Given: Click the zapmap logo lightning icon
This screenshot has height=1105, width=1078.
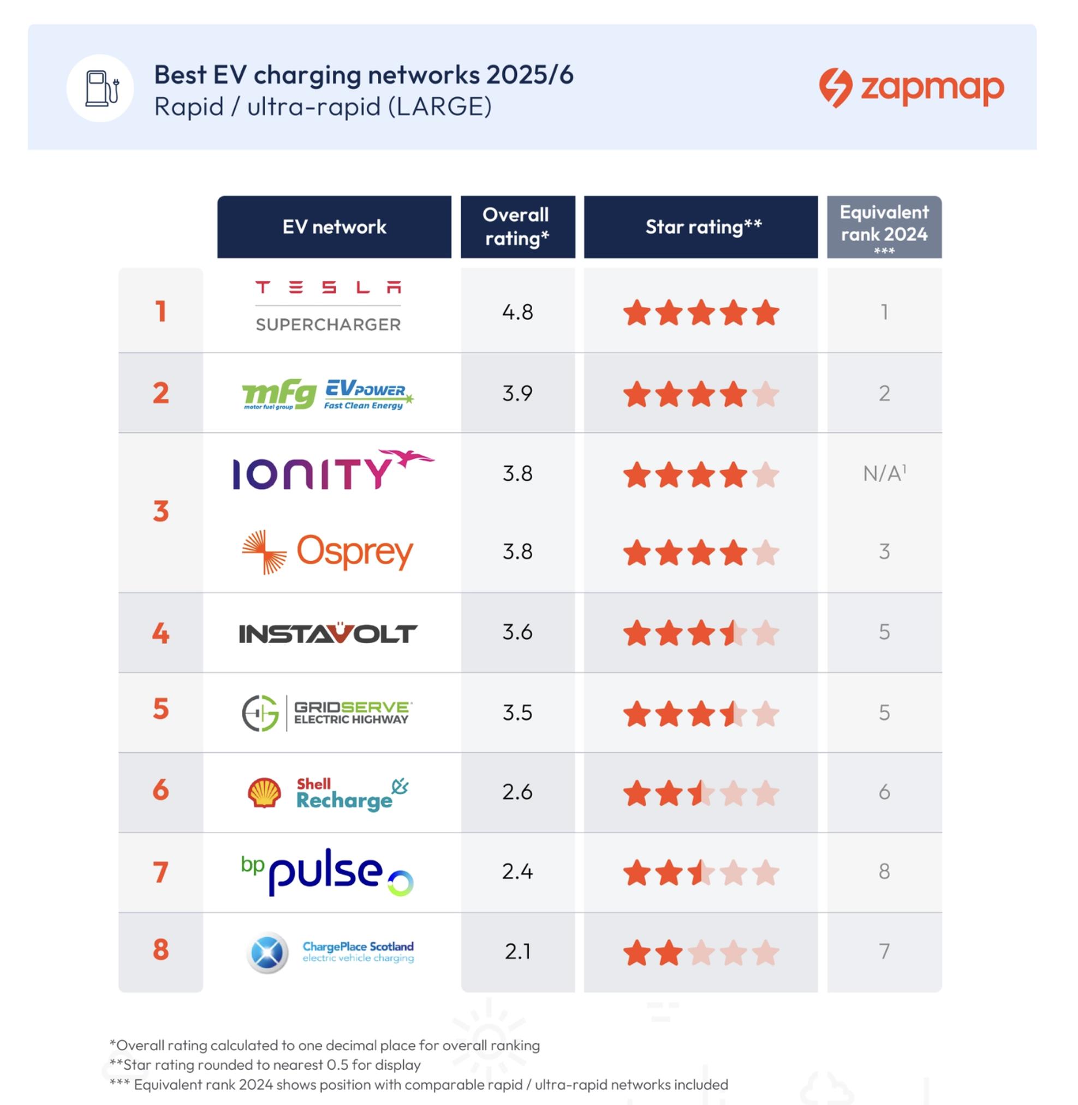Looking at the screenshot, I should [835, 88].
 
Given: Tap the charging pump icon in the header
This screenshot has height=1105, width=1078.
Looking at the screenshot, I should [101, 88].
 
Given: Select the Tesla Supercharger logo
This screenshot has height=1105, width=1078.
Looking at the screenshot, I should [328, 306].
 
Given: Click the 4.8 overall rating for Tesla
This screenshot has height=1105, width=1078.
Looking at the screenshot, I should [517, 312].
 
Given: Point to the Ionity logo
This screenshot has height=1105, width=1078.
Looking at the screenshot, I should [332, 470].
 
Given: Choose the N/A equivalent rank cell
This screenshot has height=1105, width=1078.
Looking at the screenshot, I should [884, 473].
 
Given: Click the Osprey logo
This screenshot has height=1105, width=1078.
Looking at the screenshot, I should [327, 552].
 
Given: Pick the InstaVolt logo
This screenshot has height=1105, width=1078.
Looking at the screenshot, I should [328, 633].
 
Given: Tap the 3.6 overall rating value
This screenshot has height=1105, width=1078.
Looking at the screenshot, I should [517, 632].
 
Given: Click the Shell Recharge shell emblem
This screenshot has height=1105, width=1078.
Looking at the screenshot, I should [264, 792].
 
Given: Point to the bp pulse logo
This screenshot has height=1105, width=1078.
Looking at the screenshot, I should [327, 872].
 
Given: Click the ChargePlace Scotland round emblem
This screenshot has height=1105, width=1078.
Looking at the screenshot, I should [267, 952].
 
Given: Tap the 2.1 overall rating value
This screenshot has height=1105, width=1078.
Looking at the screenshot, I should [517, 952].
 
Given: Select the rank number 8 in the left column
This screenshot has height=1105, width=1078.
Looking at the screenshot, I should [161, 950].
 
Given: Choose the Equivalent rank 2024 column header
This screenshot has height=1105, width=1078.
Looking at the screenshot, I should [884, 227].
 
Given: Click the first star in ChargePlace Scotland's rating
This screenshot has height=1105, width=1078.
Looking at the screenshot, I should [636, 953].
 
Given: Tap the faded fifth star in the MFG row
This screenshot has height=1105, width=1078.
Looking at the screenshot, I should [766, 394].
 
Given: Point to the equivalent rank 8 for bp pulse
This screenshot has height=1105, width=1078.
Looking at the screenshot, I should [884, 872].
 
